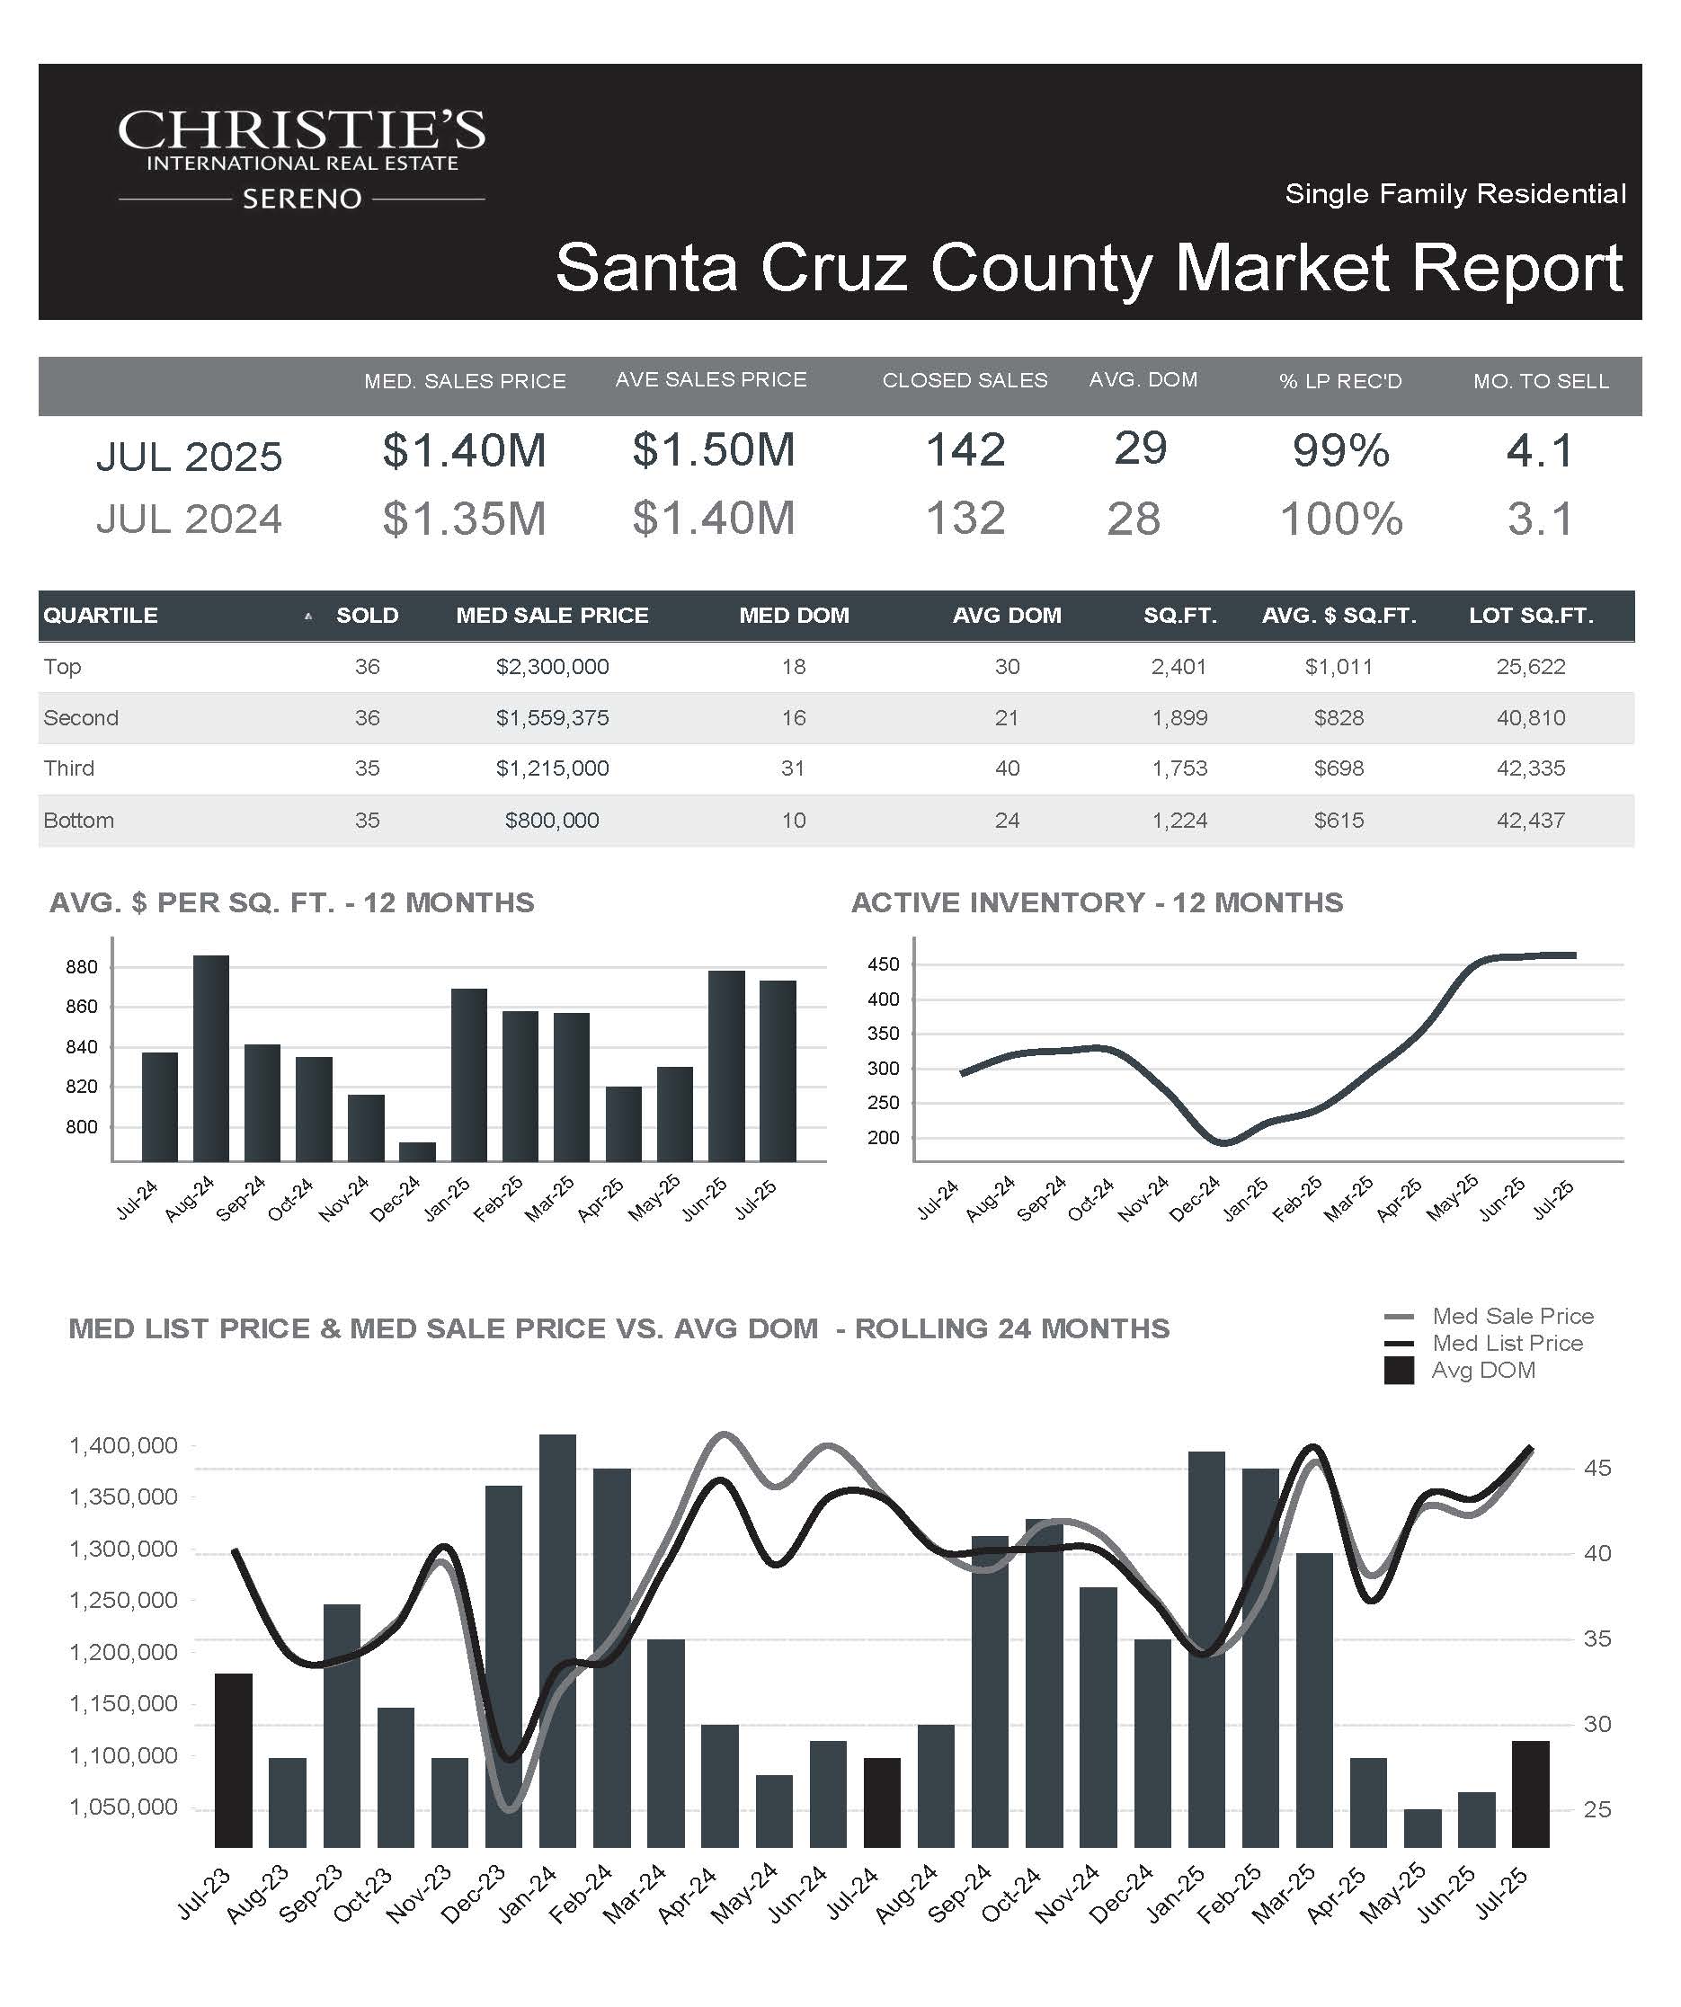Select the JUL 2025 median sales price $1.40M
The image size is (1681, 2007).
point(465,450)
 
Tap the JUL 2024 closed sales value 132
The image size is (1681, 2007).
point(965,519)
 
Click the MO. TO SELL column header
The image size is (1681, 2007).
point(1541,381)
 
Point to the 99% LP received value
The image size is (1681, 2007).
point(1341,450)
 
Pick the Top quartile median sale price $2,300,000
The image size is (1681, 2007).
point(552,667)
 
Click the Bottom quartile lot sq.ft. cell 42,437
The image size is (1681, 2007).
point(1531,820)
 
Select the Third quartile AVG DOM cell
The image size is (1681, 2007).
point(1008,768)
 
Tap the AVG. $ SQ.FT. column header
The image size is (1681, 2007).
point(1339,616)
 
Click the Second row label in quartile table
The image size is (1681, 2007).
point(81,718)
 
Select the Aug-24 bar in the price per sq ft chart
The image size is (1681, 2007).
point(211,1058)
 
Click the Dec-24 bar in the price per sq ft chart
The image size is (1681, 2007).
point(417,1151)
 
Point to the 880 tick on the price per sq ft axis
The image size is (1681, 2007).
point(81,967)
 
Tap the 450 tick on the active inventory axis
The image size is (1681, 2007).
point(883,964)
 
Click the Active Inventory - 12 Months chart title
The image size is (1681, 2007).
point(1097,902)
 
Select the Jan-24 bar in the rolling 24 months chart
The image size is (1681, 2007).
point(558,1641)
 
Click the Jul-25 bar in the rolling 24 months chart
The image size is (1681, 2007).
point(1530,1794)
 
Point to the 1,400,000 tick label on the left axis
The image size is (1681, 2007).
point(123,1446)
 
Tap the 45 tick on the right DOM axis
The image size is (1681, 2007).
point(1597,1468)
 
